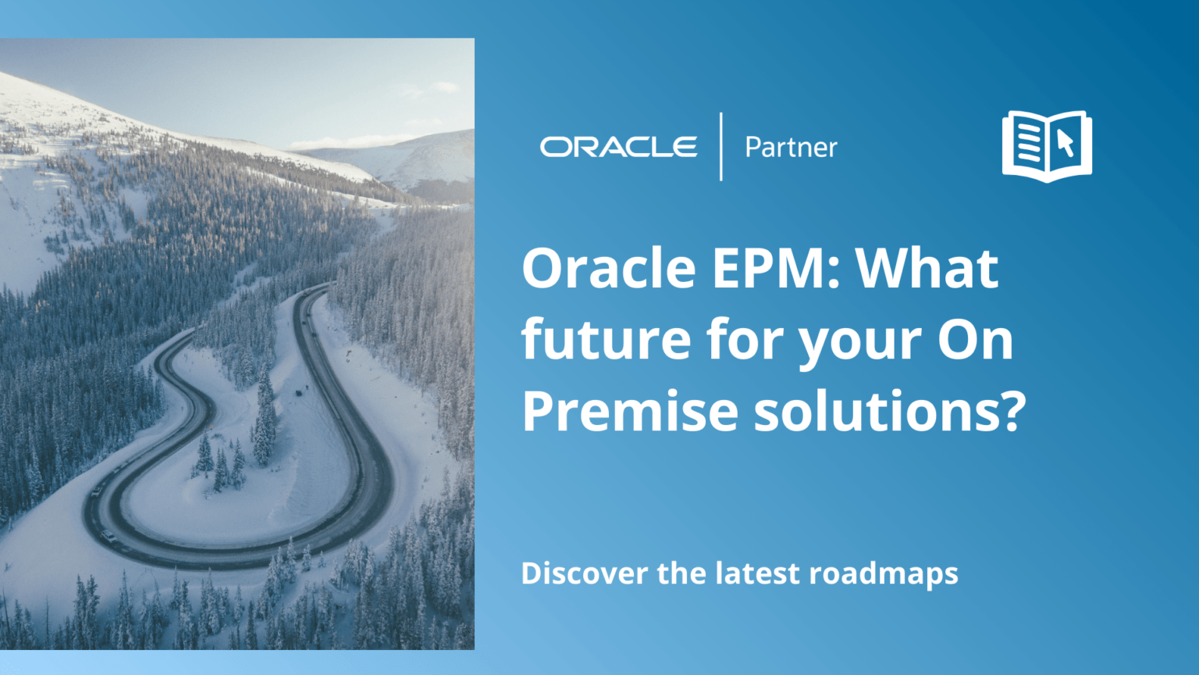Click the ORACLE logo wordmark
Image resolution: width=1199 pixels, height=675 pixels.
pyautogui.click(x=618, y=147)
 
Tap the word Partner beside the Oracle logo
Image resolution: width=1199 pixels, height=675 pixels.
pyautogui.click(x=791, y=148)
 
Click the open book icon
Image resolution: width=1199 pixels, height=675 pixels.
pyautogui.click(x=1047, y=146)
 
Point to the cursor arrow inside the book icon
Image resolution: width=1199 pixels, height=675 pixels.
pyautogui.click(x=1066, y=142)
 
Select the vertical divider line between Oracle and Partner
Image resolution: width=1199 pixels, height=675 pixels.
pyautogui.click(x=720, y=147)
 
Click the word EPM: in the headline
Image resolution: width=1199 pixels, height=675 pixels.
pyautogui.click(x=776, y=268)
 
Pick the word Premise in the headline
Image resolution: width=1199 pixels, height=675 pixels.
pyautogui.click(x=629, y=411)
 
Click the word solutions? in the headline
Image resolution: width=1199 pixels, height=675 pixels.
pyautogui.click(x=889, y=411)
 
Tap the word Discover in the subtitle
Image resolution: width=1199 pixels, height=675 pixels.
pyautogui.click(x=584, y=573)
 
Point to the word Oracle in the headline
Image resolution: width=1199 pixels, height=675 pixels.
pyautogui.click(x=608, y=268)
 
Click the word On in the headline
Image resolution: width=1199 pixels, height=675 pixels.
pyautogui.click(x=975, y=340)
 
